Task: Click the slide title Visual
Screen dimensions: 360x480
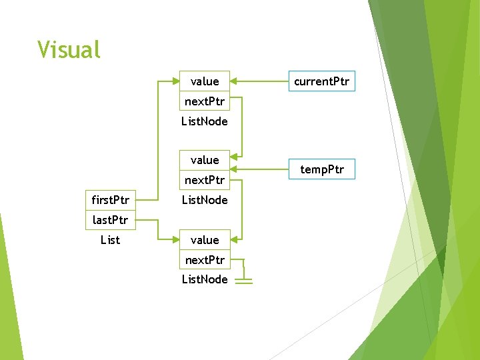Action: click(69, 50)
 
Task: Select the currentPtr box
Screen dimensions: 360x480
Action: click(321, 81)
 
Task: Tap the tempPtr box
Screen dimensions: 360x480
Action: click(321, 169)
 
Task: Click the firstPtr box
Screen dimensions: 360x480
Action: click(110, 200)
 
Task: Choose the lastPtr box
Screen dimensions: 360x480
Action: click(110, 219)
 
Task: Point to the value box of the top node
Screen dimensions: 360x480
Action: click(204, 81)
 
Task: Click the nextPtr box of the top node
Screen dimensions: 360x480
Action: click(204, 101)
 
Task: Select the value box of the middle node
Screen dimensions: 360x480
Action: click(204, 160)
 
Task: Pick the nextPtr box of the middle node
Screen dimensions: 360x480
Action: click(204, 180)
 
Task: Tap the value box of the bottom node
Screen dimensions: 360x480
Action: click(204, 240)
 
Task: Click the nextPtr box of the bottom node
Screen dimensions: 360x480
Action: click(204, 259)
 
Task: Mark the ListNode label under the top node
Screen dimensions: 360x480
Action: click(204, 121)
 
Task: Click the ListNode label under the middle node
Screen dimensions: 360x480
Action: click(204, 200)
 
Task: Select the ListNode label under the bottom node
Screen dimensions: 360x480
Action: click(204, 279)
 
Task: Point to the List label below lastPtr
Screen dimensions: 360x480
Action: click(110, 239)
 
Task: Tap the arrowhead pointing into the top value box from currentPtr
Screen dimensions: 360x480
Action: click(235, 81)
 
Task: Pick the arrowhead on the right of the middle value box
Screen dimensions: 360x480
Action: click(235, 160)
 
